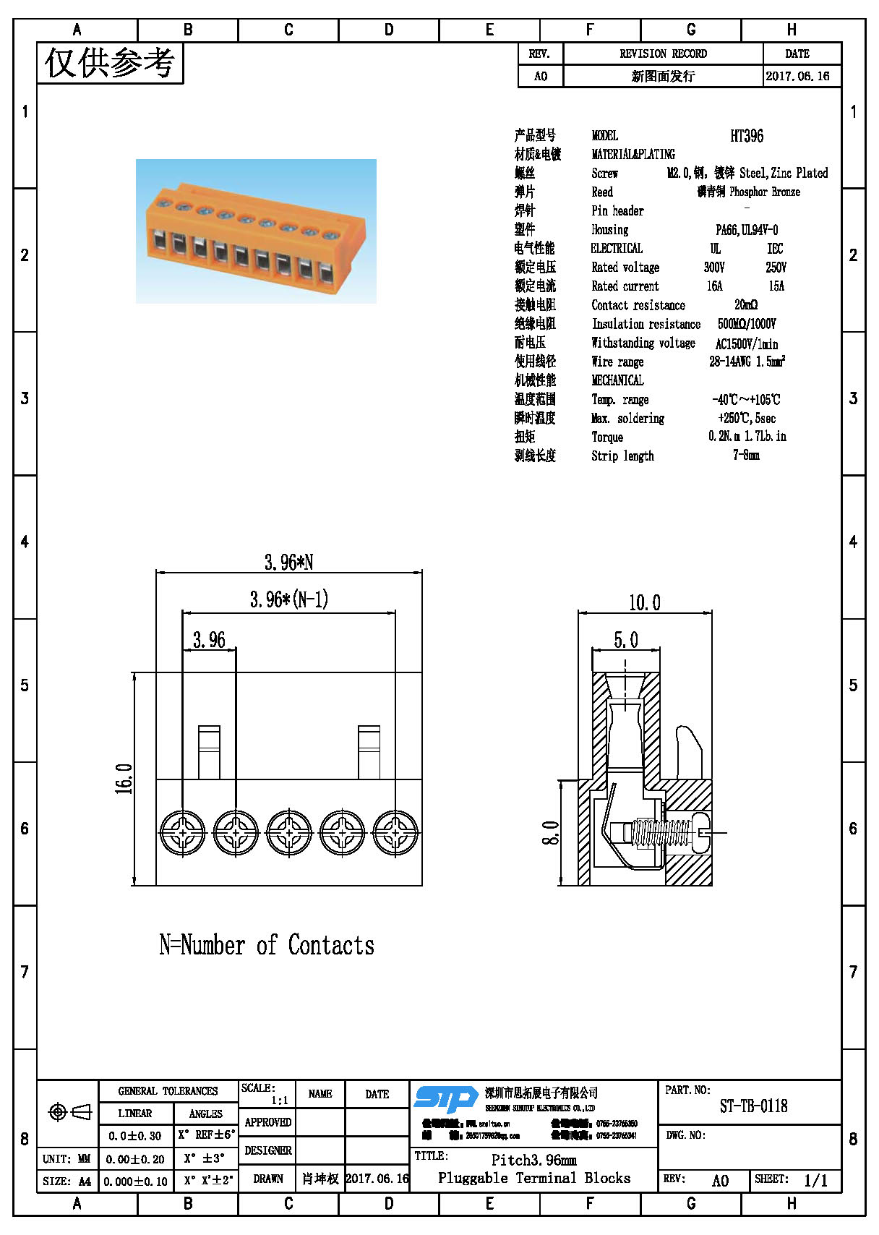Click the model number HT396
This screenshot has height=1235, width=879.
[746, 136]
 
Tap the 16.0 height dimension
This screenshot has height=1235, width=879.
[124, 779]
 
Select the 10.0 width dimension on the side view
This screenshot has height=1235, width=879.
[644, 603]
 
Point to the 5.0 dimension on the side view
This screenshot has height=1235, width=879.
[626, 640]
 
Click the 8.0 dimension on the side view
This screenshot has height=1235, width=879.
[550, 833]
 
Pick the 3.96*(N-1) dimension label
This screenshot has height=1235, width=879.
[289, 599]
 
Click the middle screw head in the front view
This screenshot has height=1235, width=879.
[289, 833]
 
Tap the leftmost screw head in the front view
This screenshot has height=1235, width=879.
[183, 833]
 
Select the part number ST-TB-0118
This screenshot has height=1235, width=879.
[753, 1106]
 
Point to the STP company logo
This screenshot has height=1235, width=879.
[445, 1100]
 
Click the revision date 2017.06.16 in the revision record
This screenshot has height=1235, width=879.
[797, 76]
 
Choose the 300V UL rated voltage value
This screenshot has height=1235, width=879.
[714, 268]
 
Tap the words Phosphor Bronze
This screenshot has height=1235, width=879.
[764, 192]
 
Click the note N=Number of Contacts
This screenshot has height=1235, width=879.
[267, 945]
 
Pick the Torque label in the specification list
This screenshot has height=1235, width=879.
[606, 437]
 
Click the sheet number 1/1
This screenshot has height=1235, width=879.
[815, 1181]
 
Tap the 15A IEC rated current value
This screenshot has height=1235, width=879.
[776, 286]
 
